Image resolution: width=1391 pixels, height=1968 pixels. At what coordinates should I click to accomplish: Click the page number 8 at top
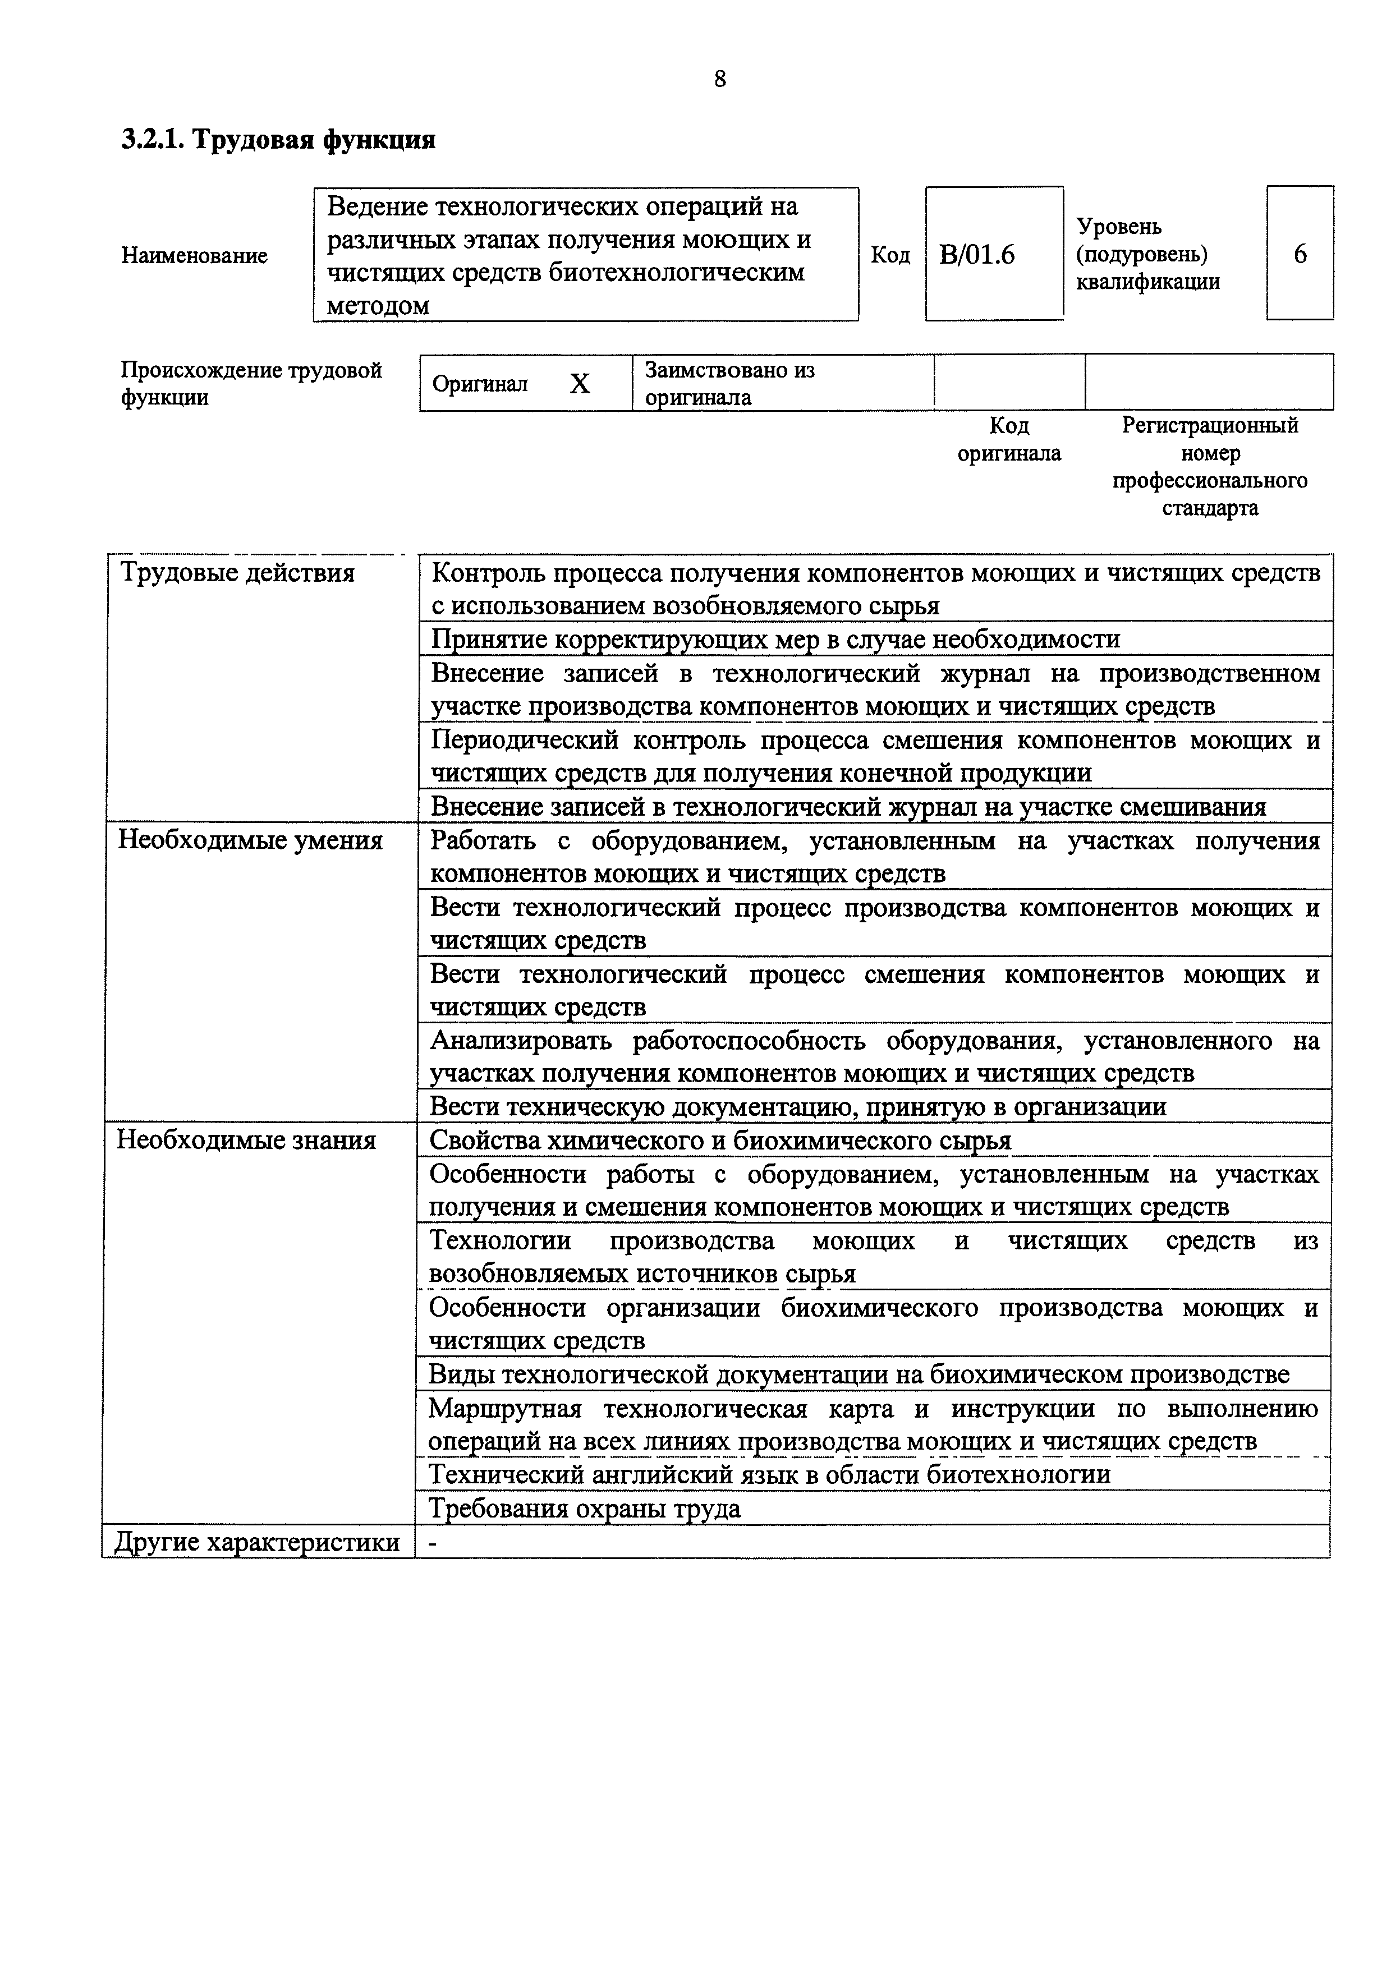pyautogui.click(x=719, y=79)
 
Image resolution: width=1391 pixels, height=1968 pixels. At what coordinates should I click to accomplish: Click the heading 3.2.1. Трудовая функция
pyautogui.click(x=278, y=139)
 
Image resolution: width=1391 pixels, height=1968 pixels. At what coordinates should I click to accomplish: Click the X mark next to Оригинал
pyautogui.click(x=580, y=384)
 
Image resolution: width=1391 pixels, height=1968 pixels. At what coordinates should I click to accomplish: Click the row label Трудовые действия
pyautogui.click(x=237, y=573)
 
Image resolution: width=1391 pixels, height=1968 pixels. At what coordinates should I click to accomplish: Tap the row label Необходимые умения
pyautogui.click(x=250, y=840)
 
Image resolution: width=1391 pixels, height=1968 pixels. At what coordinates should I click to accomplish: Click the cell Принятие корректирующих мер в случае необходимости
pyautogui.click(x=775, y=638)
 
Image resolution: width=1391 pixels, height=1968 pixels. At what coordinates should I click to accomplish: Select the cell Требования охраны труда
pyautogui.click(x=585, y=1509)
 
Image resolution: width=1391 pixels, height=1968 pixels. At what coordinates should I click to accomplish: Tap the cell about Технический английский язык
pyautogui.click(x=769, y=1474)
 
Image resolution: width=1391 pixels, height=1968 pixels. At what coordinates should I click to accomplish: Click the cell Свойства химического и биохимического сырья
pyautogui.click(x=720, y=1140)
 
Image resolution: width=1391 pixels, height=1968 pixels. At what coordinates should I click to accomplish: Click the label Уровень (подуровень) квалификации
pyautogui.click(x=1147, y=255)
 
